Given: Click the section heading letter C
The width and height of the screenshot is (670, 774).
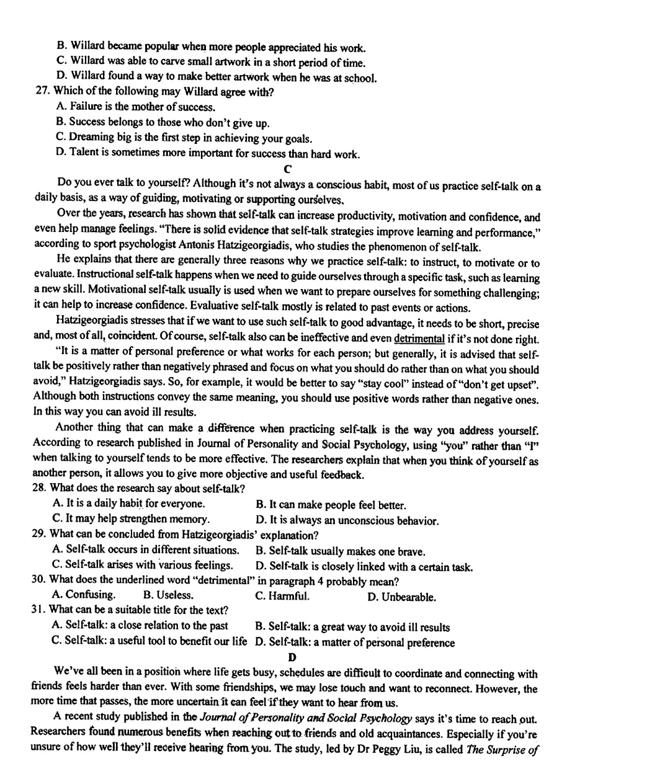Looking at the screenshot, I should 287,169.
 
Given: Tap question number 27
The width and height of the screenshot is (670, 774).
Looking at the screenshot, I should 42,92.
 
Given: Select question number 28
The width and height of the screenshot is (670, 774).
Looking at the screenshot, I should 39,488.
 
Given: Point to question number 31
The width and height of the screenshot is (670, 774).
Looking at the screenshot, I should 38,610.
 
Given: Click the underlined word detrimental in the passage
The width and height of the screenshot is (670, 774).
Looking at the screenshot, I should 419,339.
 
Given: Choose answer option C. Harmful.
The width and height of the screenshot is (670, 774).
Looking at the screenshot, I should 282,596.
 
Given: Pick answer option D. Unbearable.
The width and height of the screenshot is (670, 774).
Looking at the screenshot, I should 401,597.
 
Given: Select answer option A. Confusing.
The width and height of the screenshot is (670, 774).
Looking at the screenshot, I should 84,595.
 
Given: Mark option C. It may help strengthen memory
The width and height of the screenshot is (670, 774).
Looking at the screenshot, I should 131,518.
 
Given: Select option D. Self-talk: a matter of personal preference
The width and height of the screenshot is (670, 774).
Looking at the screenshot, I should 355,643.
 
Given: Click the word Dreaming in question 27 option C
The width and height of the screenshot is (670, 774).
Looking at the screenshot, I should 92,137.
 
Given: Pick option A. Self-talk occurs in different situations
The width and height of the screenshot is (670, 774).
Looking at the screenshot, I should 146,549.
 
